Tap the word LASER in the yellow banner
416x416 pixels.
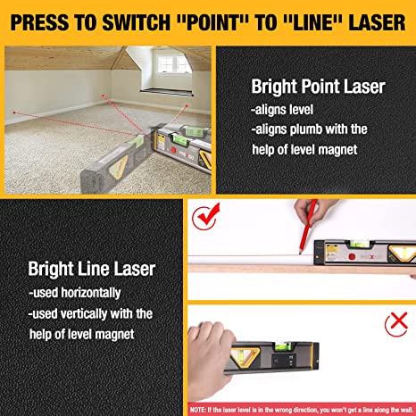coord(377,23)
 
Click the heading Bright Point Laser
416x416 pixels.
coord(318,87)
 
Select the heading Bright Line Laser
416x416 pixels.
coord(92,269)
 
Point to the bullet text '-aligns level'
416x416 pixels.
coord(282,110)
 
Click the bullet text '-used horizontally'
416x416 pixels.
coord(75,293)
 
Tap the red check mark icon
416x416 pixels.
coord(206,216)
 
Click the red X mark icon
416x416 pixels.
coord(396,324)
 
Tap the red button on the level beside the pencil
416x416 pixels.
coord(352,256)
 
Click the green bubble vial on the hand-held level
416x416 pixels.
coord(279,346)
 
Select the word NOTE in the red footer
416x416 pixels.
coord(197,410)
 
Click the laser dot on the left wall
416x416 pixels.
coord(14,112)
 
